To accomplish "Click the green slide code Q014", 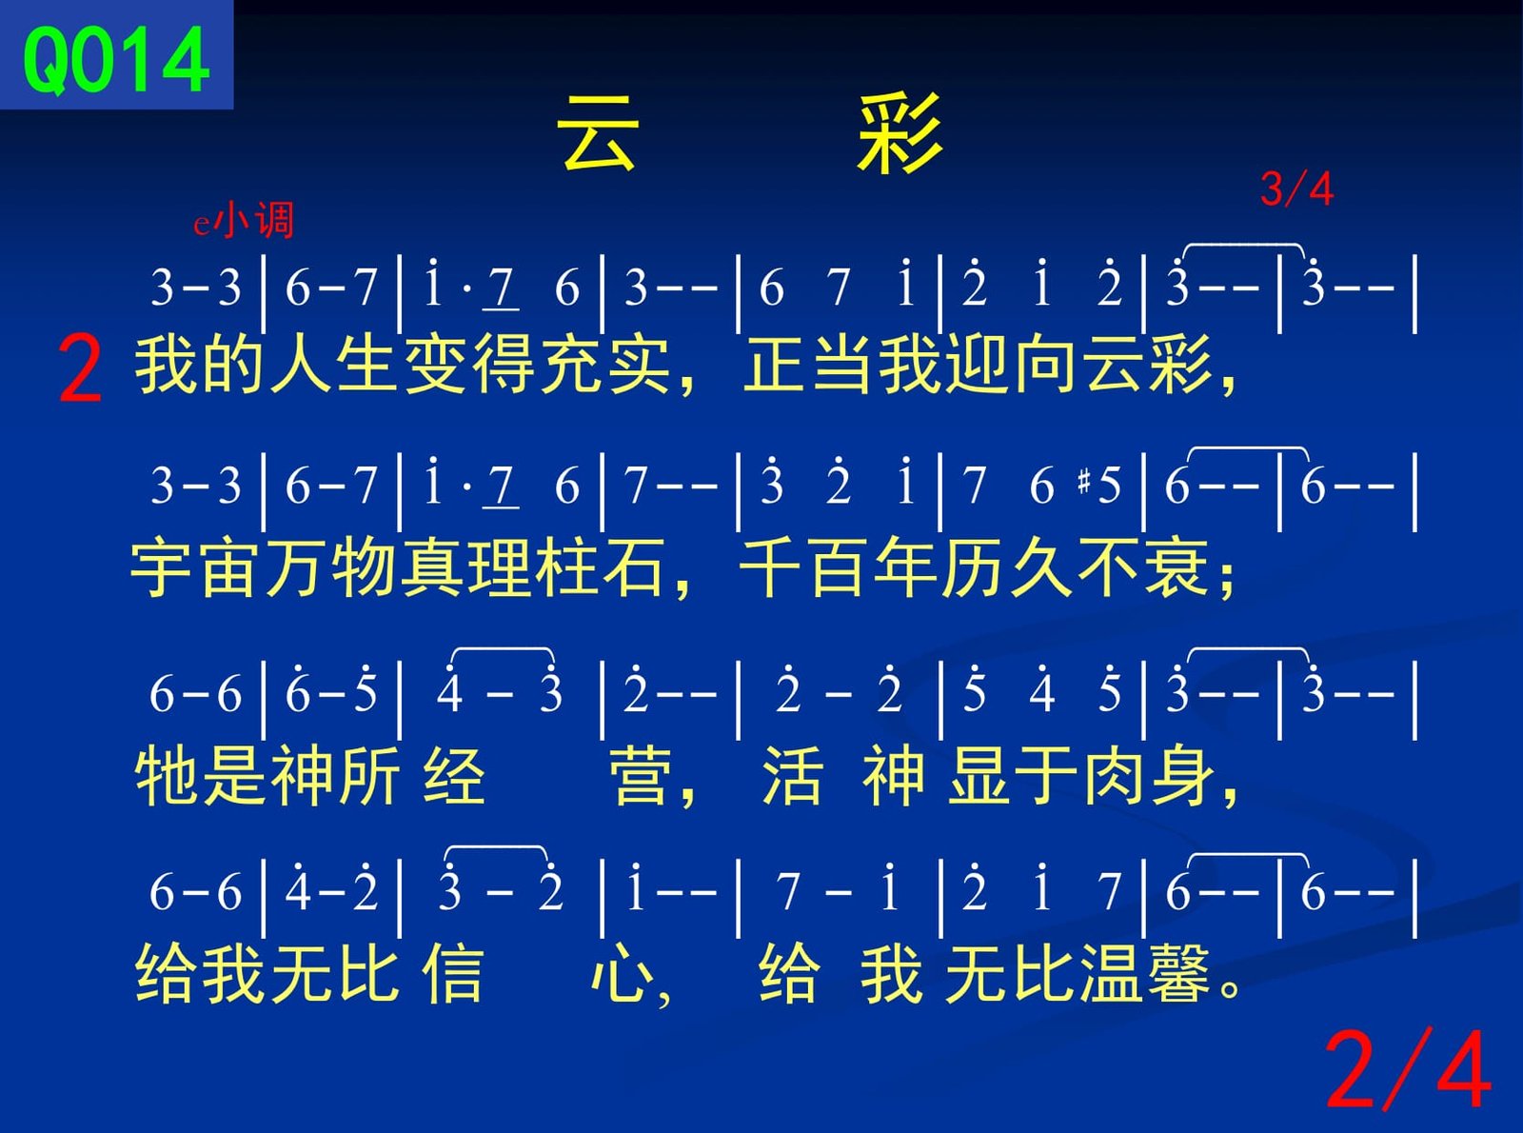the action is [x=115, y=61].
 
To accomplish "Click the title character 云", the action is [x=598, y=132].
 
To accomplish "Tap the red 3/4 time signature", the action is [x=1296, y=189].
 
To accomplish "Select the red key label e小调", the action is [x=244, y=220].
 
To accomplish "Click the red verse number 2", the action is [x=80, y=368].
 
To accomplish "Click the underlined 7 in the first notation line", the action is [x=501, y=288].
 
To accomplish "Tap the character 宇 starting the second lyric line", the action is [x=164, y=568].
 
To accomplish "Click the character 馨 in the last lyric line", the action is [x=1178, y=974].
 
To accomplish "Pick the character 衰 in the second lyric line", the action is [x=1177, y=568].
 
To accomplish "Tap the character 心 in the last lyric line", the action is [x=623, y=974].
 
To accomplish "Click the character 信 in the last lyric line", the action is [x=453, y=974].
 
